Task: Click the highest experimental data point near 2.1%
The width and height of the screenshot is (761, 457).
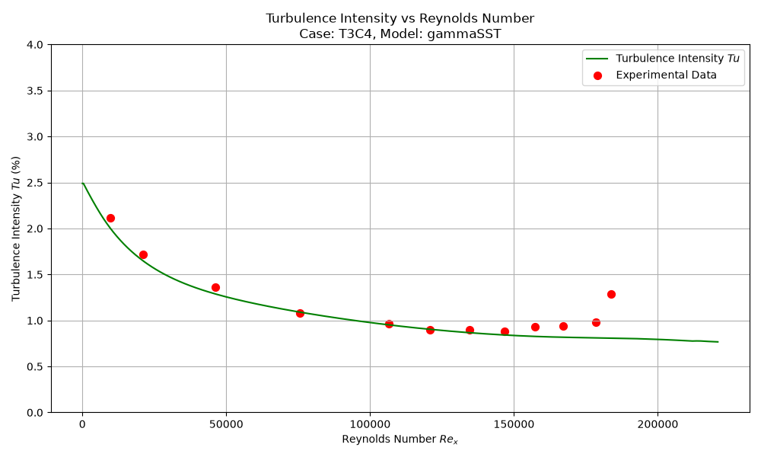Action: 110,219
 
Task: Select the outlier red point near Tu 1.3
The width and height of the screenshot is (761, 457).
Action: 612,294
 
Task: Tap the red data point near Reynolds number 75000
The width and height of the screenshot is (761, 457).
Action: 300,313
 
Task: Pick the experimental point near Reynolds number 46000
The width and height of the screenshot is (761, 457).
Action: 215,287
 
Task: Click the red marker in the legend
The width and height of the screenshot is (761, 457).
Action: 597,75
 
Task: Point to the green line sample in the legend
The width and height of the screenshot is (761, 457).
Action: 597,59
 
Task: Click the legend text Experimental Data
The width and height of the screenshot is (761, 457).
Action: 667,75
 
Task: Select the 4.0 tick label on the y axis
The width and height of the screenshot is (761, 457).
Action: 35,45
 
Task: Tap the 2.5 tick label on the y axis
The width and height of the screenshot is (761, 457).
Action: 35,183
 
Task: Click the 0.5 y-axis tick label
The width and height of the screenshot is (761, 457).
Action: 35,366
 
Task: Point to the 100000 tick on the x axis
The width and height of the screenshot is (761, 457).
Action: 371,424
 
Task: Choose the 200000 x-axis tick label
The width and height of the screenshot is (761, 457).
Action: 658,424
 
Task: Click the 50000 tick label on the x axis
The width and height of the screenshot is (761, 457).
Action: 226,424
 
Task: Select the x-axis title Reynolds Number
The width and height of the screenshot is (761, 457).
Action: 389,439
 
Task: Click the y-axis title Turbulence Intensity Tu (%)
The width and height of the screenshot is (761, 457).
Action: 16,228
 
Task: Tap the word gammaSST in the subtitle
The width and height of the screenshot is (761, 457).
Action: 464,34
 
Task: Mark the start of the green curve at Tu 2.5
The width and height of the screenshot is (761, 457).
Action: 82,183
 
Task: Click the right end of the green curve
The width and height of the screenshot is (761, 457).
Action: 718,342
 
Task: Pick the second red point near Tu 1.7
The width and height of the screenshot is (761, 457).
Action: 143,255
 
